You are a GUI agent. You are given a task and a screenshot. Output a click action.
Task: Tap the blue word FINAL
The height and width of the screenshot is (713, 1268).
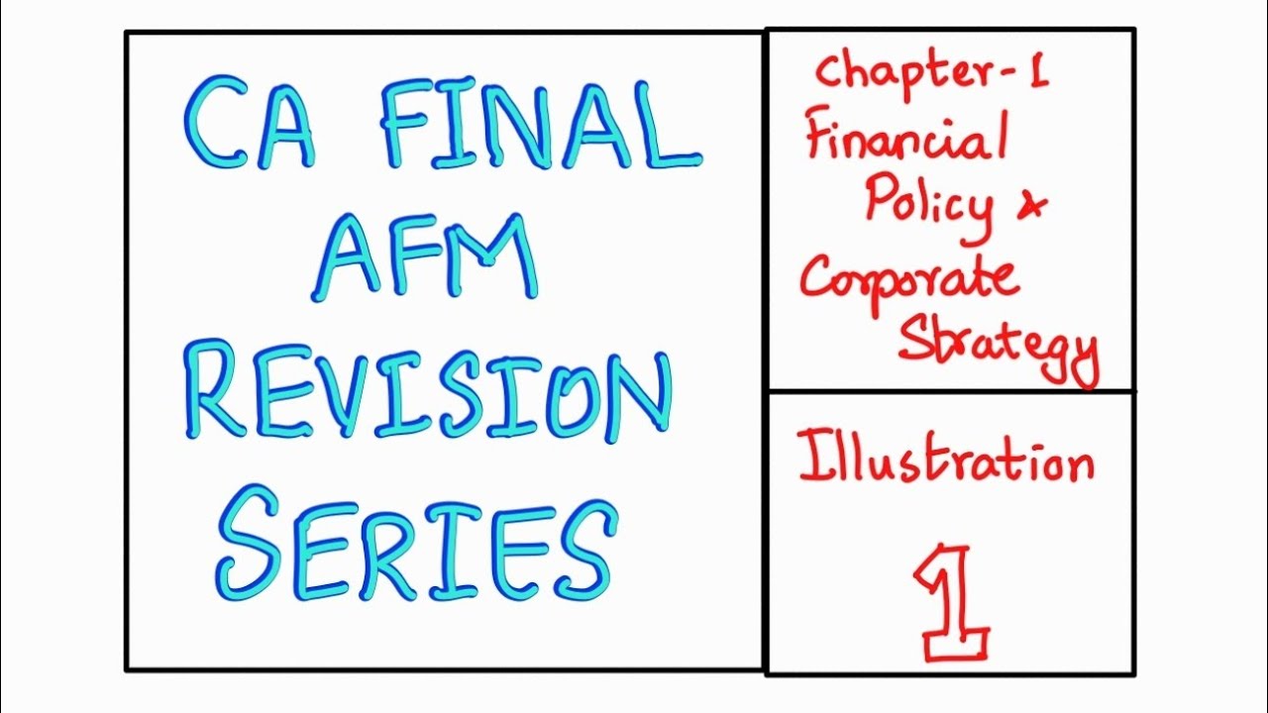[x=540, y=126]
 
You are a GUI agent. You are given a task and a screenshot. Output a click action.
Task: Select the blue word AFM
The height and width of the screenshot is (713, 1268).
[x=428, y=258]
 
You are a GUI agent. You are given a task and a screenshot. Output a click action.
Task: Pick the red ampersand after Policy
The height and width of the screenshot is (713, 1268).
[x=1032, y=205]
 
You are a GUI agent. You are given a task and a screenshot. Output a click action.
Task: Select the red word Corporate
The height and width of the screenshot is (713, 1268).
[x=908, y=278]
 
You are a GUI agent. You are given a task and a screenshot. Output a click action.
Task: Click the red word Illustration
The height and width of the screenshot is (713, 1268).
[x=946, y=460]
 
